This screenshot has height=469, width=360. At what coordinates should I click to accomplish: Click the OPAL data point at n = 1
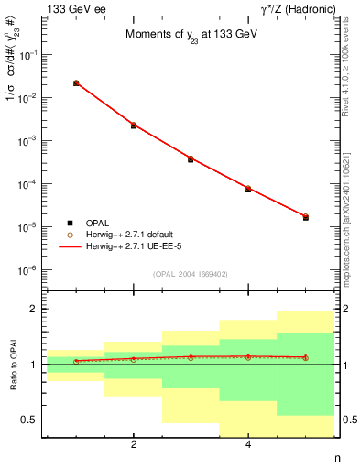point(76,83)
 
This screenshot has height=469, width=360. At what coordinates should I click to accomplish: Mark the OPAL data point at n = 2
point(134,125)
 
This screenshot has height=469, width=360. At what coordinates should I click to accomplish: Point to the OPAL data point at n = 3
point(191,159)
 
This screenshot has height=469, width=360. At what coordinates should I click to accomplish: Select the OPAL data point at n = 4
point(248,189)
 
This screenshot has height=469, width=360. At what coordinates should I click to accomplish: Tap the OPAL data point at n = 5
point(305,217)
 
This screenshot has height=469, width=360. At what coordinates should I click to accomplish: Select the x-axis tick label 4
point(248,446)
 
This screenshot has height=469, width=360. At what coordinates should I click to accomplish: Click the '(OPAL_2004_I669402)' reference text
point(190,274)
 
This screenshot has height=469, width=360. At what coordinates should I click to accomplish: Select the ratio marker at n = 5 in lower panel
point(305,357)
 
